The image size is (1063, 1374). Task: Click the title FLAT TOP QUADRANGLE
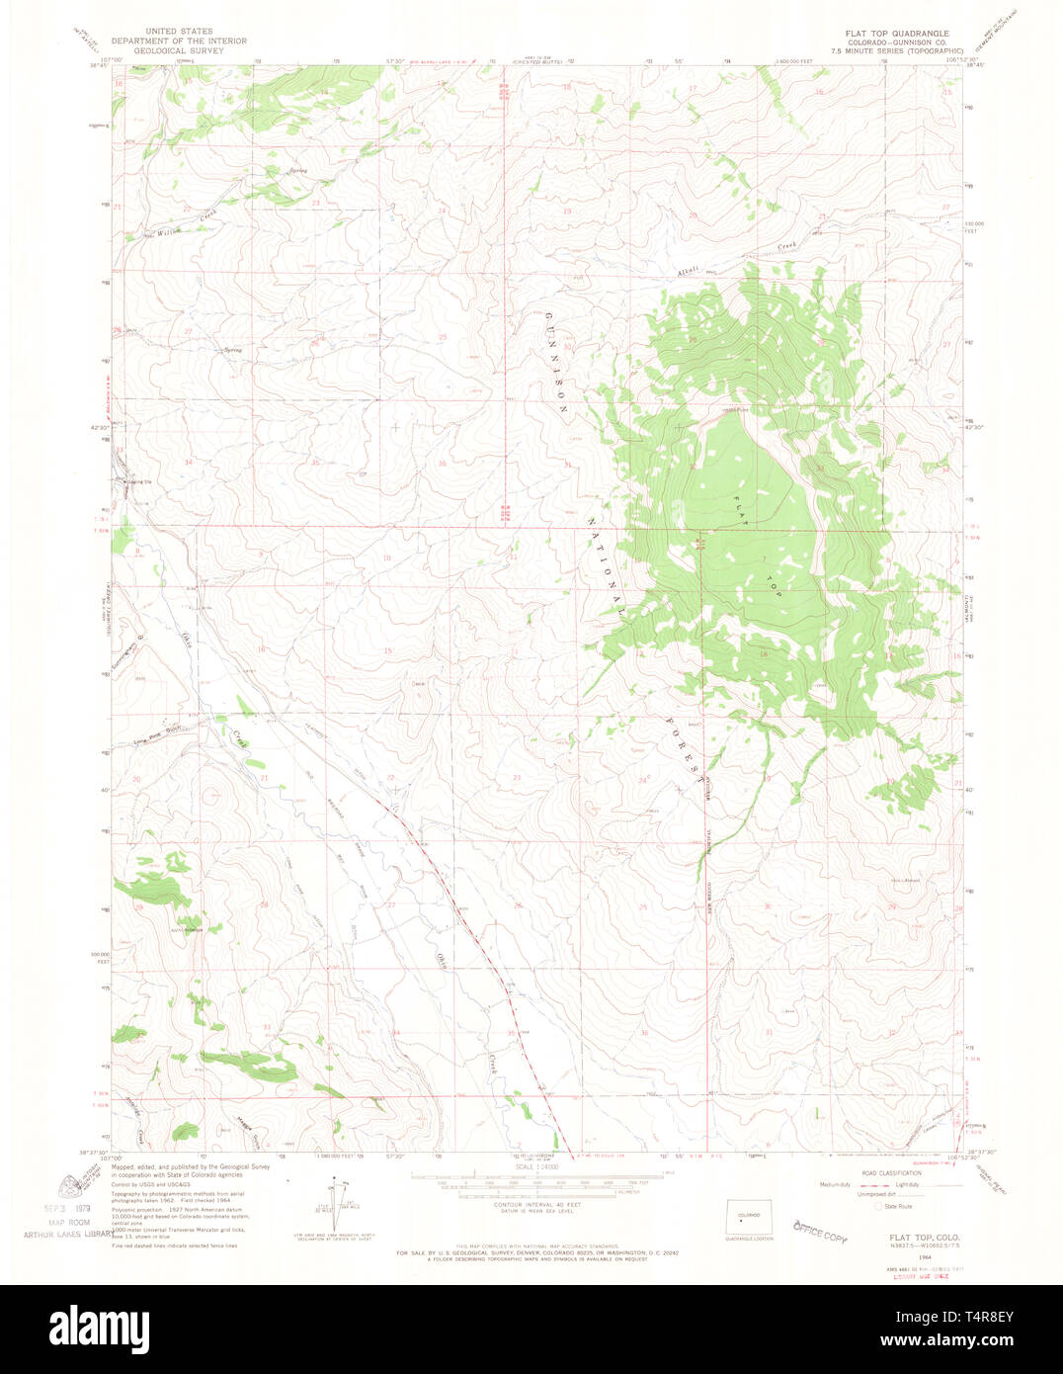896,33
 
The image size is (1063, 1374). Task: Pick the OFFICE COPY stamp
820,1231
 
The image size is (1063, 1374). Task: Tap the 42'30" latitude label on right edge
975,427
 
